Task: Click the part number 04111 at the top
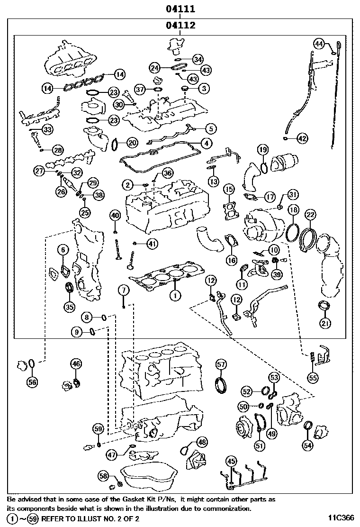coord(180,9)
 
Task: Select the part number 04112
coord(180,25)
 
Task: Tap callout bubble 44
coord(319,44)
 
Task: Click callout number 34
coord(198,60)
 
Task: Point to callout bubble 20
coord(132,143)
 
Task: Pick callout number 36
coord(168,173)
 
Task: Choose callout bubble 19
coord(263,149)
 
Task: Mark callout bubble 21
coord(325,323)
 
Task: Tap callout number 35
coord(70,307)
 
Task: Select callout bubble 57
coord(221,364)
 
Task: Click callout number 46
coord(76,363)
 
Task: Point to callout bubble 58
coord(104,475)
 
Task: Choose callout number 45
coord(231,462)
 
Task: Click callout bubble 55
coord(313,378)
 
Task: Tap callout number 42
coord(302,138)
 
